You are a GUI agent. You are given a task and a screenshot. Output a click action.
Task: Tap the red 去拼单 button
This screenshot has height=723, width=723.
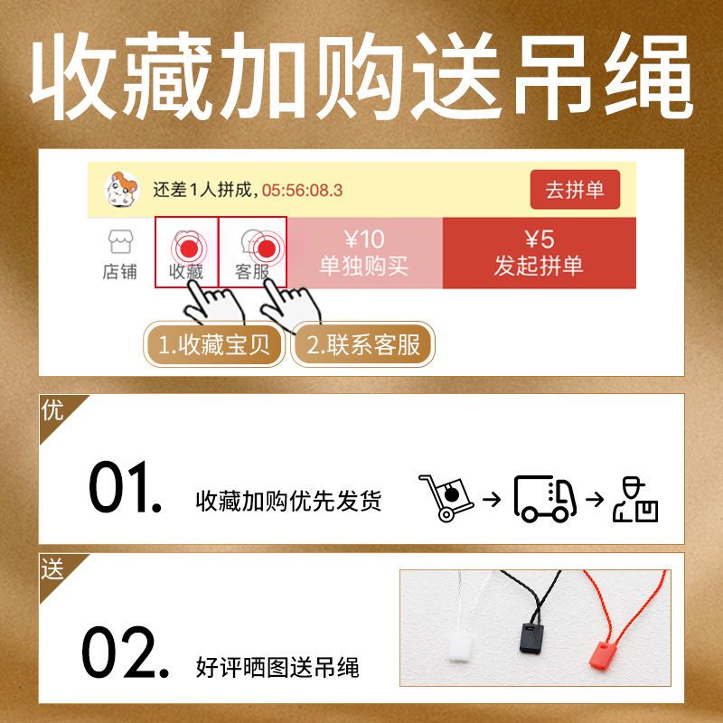click(x=575, y=190)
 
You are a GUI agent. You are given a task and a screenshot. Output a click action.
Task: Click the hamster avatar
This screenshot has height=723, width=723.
click(x=122, y=190)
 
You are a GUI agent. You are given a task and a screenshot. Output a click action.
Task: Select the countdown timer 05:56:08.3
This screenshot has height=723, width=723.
click(x=302, y=190)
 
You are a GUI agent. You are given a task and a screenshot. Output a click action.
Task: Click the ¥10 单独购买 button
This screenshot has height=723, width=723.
click(x=364, y=253)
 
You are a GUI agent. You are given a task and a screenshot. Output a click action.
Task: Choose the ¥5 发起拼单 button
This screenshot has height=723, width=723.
click(x=539, y=253)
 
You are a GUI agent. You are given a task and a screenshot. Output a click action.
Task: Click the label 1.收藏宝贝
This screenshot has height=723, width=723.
click(x=214, y=345)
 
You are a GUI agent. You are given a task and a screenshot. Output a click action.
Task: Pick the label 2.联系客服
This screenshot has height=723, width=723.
click(x=363, y=345)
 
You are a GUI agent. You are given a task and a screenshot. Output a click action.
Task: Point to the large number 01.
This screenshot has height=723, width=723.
click(x=126, y=487)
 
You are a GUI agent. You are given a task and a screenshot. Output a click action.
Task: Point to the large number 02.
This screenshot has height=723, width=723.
click(x=126, y=652)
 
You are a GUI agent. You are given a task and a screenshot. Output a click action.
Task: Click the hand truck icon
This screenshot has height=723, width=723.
click(x=446, y=498)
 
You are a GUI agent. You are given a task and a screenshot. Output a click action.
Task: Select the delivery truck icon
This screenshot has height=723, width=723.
click(x=545, y=499)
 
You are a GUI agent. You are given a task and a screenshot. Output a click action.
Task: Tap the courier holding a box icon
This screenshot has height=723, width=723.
click(x=635, y=500)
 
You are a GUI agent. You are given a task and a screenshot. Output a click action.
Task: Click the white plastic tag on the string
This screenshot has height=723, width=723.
click(x=461, y=648)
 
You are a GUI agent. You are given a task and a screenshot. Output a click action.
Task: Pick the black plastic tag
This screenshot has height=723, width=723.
click(x=531, y=638)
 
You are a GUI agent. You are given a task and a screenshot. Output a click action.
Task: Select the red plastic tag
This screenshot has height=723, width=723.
click(x=603, y=654)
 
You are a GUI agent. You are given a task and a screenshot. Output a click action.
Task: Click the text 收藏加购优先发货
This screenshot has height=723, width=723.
click(x=288, y=501)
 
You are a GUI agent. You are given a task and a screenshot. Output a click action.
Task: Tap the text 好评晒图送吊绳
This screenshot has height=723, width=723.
click(x=277, y=667)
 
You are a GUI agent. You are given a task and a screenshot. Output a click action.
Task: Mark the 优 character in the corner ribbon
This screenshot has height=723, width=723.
click(x=52, y=409)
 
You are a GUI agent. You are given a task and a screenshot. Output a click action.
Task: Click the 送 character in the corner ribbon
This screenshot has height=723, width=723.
click(x=52, y=568)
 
